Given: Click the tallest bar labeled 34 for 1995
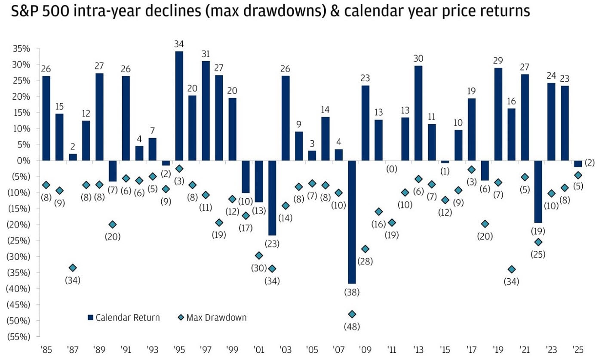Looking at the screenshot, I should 179,106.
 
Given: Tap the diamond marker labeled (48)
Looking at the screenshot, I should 352,314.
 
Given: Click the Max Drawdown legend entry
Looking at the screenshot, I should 212,318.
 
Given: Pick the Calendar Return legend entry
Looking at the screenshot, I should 123,318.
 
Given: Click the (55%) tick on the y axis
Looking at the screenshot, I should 19,337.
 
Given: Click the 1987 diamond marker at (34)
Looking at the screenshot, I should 73,268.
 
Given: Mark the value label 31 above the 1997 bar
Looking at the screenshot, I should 206,54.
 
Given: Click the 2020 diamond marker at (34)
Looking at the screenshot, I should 512,269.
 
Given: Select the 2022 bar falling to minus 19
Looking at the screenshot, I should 538,191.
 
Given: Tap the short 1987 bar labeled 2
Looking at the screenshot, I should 73,157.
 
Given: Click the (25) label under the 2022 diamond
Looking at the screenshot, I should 538,254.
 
